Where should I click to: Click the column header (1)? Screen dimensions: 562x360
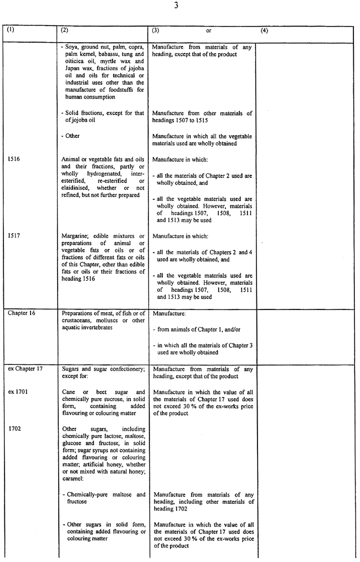11,30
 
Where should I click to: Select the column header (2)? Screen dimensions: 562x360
64,30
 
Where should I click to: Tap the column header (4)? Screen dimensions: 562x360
264,30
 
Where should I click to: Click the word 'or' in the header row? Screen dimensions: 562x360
208,31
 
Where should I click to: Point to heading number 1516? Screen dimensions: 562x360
14,158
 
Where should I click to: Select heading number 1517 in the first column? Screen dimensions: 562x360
14,235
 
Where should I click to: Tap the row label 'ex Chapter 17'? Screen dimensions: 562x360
24,368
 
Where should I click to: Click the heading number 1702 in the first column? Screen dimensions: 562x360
15,429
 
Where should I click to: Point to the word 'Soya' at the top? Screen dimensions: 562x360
72,47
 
